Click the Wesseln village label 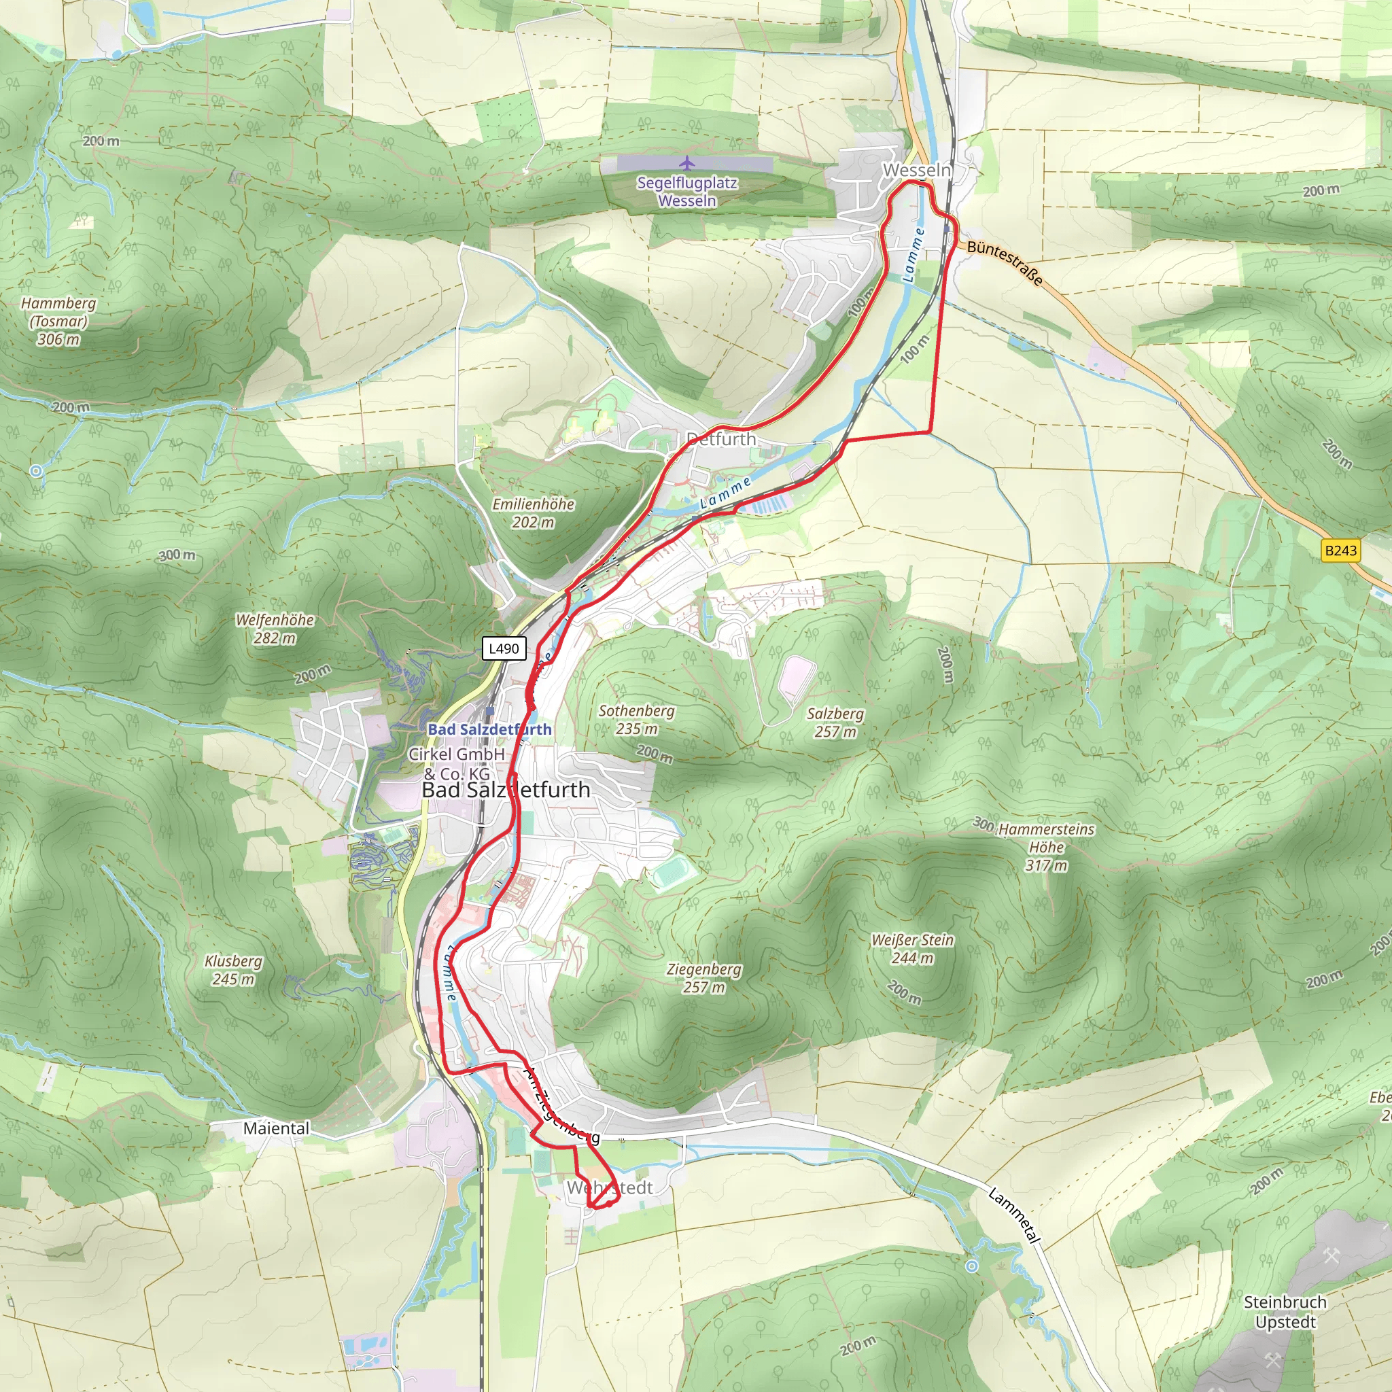pyautogui.click(x=916, y=171)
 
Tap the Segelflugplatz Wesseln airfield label pyautogui.click(x=686, y=192)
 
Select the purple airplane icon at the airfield pyautogui.click(x=686, y=163)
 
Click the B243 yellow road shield pyautogui.click(x=1340, y=551)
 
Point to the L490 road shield pyautogui.click(x=504, y=648)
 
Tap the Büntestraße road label pyautogui.click(x=1005, y=262)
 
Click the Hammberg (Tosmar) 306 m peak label pyautogui.click(x=58, y=321)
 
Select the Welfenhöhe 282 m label pyautogui.click(x=275, y=628)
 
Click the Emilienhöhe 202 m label pyautogui.click(x=533, y=513)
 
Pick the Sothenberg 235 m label pyautogui.click(x=636, y=719)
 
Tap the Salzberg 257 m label pyautogui.click(x=835, y=722)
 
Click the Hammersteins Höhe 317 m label pyautogui.click(x=1045, y=847)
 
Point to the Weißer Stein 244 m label pyautogui.click(x=912, y=949)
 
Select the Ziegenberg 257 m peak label pyautogui.click(x=703, y=977)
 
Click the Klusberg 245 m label pyautogui.click(x=232, y=970)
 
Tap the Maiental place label pyautogui.click(x=276, y=1128)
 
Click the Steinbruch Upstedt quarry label pyautogui.click(x=1285, y=1312)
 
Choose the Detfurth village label pyautogui.click(x=720, y=440)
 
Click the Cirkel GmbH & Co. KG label pyautogui.click(x=457, y=763)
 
